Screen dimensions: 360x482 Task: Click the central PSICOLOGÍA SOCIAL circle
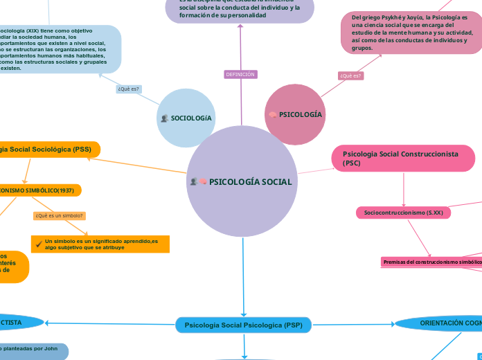click(242, 182)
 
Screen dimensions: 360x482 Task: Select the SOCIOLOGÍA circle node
click(186, 118)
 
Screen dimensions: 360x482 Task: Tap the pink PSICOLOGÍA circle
click(295, 114)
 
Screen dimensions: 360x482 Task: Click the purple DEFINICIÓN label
click(240, 74)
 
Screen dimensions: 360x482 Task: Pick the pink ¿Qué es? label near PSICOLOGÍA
click(350, 75)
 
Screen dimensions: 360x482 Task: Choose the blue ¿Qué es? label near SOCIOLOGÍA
click(129, 89)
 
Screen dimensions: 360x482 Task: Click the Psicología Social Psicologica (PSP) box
click(244, 325)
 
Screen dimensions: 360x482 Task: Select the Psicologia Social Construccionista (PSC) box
click(403, 159)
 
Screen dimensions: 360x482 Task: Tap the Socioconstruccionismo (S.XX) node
click(404, 213)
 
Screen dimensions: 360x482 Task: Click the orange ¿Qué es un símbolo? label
click(60, 215)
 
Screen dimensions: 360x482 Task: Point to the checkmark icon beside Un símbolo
click(38, 244)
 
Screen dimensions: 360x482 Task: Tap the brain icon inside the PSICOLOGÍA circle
click(273, 114)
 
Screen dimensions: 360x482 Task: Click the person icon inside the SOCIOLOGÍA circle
click(164, 118)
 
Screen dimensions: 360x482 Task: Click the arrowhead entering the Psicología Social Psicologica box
click(244, 314)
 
